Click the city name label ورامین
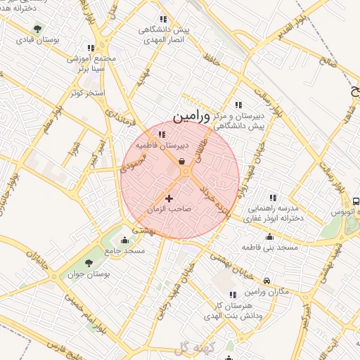click(x=191, y=114)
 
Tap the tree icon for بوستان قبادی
click(x=37, y=29)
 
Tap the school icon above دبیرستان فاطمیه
click(x=162, y=134)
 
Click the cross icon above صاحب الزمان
click(x=169, y=199)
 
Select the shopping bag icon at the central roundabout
click(x=182, y=162)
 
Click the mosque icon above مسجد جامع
click(x=124, y=240)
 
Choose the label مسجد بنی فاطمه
click(x=270, y=247)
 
